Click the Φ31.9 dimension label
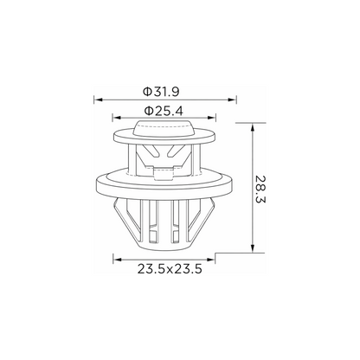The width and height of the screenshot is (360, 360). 161,92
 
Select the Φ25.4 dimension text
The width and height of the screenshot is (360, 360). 164,111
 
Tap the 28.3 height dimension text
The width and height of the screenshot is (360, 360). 260,189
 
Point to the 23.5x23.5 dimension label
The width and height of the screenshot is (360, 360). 170,269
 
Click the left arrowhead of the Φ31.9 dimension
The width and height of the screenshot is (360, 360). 99,100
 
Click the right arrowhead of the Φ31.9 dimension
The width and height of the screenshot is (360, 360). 232,100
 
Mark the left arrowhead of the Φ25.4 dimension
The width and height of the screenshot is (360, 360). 117,118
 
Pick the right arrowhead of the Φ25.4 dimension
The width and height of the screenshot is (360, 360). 211,118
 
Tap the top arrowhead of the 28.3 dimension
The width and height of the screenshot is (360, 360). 253,127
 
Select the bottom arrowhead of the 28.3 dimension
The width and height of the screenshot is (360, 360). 253,248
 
